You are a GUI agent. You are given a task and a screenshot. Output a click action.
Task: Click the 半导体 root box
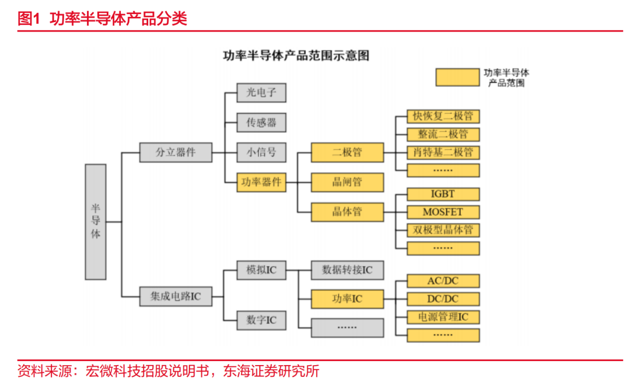pyautogui.click(x=96, y=222)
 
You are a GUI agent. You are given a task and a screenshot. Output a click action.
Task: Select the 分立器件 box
pyautogui.click(x=176, y=153)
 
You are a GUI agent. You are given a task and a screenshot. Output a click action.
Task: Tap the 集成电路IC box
pyautogui.click(x=176, y=296)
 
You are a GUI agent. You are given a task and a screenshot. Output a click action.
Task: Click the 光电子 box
pyautogui.click(x=261, y=92)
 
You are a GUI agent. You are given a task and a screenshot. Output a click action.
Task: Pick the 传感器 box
pyautogui.click(x=261, y=122)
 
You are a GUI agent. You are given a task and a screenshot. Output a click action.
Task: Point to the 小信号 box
pyautogui.click(x=261, y=153)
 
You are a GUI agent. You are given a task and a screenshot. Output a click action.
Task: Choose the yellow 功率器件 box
pyautogui.click(x=261, y=182)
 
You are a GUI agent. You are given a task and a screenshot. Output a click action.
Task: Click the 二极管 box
pyautogui.click(x=347, y=153)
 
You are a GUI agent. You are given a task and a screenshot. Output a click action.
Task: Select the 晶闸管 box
pyautogui.click(x=347, y=182)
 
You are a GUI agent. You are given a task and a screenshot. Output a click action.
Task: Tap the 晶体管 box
pyautogui.click(x=347, y=212)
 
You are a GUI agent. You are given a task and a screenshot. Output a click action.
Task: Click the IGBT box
pyautogui.click(x=443, y=194)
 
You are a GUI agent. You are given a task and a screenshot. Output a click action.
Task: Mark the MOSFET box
pyautogui.click(x=443, y=212)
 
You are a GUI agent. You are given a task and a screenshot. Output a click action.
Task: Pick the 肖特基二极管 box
pyautogui.click(x=443, y=153)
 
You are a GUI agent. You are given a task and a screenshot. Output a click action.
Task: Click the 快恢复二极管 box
pyautogui.click(x=443, y=116)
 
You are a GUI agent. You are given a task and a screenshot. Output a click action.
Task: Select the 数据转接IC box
pyautogui.click(x=347, y=270)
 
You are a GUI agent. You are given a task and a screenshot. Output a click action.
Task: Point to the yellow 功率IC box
pyautogui.click(x=347, y=299)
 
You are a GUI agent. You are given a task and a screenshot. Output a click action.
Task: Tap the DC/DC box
pyautogui.click(x=443, y=299)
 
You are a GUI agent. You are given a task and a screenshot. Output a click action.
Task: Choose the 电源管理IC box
pyautogui.click(x=443, y=317)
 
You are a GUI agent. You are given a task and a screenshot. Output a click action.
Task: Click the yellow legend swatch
pyautogui.click(x=457, y=78)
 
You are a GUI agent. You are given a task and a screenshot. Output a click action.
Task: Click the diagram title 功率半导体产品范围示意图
pyautogui.click(x=296, y=56)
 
